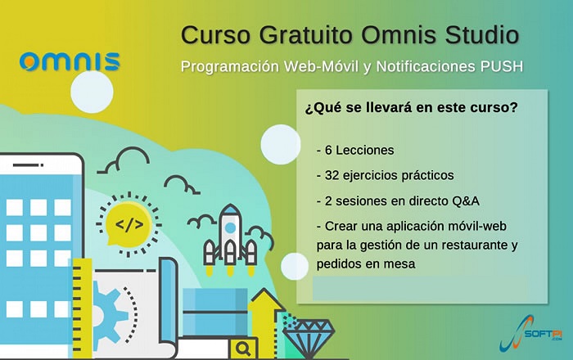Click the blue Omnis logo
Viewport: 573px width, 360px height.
tap(70, 61)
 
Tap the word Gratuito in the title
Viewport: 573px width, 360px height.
tap(306, 34)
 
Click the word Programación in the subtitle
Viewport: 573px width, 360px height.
tap(230, 67)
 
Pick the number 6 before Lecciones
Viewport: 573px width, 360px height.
tap(328, 150)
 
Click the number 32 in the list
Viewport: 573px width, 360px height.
tap(332, 175)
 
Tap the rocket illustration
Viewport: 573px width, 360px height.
tap(230, 239)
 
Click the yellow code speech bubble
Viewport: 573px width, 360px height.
tap(129, 224)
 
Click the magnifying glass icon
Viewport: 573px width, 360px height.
tap(243, 349)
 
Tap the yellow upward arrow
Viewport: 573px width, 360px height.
tap(266, 322)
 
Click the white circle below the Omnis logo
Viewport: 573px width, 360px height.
tap(92, 92)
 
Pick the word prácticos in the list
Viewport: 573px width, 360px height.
tap(427, 176)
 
